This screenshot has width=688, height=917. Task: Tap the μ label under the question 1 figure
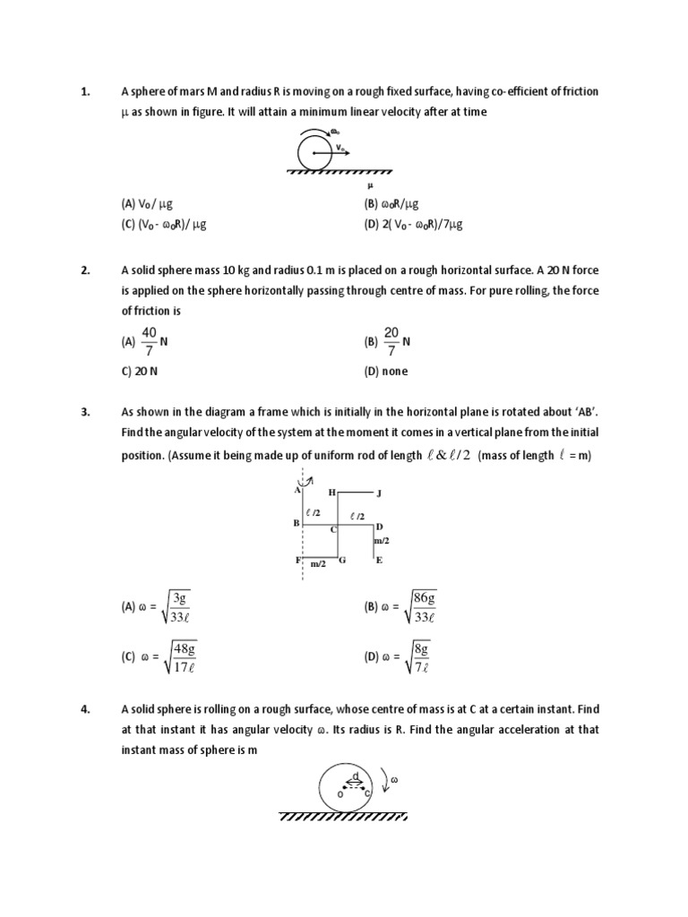click(357, 186)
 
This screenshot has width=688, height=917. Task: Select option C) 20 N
click(140, 372)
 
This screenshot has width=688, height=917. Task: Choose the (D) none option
click(385, 372)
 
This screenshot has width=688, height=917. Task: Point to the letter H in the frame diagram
click(331, 493)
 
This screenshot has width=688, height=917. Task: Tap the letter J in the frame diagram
click(379, 493)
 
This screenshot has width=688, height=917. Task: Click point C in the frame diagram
click(332, 530)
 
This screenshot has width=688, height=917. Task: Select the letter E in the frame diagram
click(379, 561)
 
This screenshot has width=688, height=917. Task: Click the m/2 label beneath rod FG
click(318, 565)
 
